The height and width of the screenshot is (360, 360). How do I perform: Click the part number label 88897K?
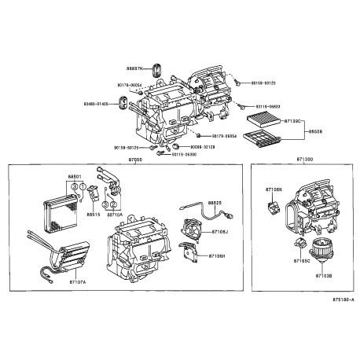pyautogui.click(x=136, y=70)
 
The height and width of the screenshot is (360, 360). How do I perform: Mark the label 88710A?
pyautogui.click(x=115, y=214)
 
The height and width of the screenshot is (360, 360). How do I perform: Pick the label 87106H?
pyautogui.click(x=218, y=256)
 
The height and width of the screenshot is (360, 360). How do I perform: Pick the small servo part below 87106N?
pyautogui.click(x=274, y=208)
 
